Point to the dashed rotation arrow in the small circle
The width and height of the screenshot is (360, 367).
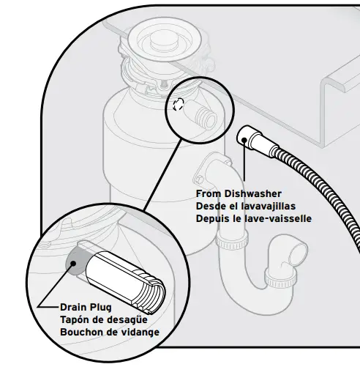pyautogui.click(x=176, y=104)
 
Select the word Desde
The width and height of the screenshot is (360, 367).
pyautogui.click(x=211, y=206)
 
